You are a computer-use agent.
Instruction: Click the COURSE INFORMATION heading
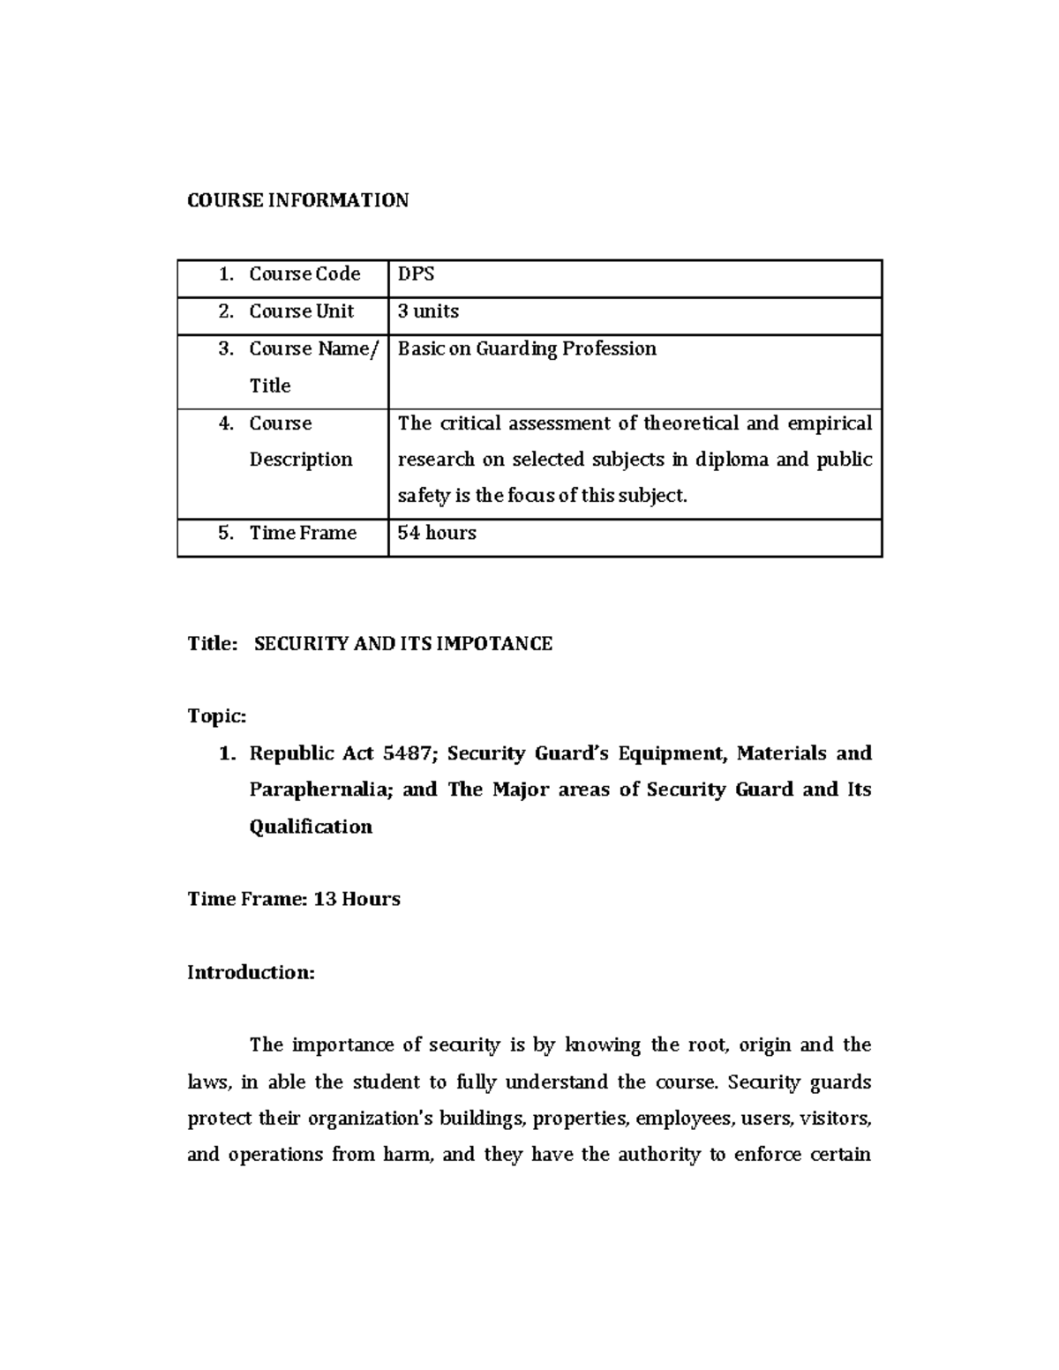coord(297,200)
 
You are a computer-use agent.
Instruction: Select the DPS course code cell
coord(416,274)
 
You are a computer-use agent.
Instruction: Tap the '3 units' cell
coord(428,311)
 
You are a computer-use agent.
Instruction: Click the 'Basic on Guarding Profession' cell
coord(527,348)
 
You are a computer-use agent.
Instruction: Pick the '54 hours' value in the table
coord(437,533)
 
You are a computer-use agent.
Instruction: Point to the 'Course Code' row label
coord(304,274)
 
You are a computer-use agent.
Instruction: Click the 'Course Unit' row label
coord(301,311)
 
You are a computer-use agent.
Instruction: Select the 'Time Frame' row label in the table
coord(303,533)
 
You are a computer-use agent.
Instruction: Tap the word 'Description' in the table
coord(300,460)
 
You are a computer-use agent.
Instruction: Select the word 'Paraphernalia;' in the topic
coord(320,790)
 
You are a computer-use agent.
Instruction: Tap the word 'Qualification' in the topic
coord(311,827)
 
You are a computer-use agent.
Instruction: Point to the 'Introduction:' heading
coord(251,972)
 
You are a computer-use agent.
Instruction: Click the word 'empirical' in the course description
coord(830,423)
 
